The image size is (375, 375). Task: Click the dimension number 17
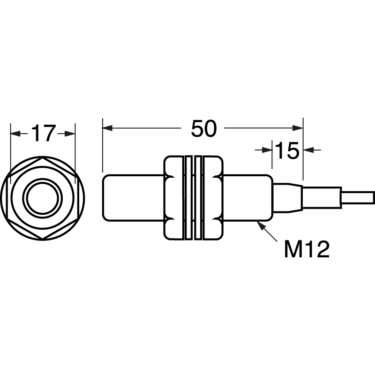pyautogui.click(x=42, y=133)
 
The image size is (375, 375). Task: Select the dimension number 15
pyautogui.click(x=287, y=150)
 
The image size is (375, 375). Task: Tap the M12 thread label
pyautogui.click(x=307, y=249)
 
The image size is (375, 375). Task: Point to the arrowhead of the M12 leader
pyautogui.click(x=260, y=225)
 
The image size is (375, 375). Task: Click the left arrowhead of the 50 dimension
pyautogui.click(x=107, y=128)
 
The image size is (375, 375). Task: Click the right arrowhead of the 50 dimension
pyautogui.click(x=298, y=128)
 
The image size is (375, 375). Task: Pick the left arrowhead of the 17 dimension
pyautogui.click(x=15, y=134)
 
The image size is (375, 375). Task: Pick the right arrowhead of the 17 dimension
pyautogui.click(x=70, y=134)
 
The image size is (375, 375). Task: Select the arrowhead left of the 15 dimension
pyautogui.click(x=267, y=150)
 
